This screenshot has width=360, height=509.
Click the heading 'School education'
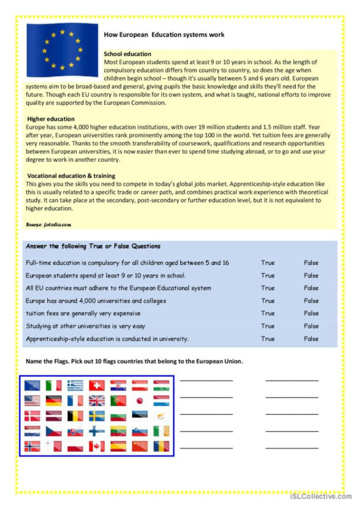click(x=128, y=54)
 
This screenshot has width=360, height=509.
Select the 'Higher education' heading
click(x=51, y=119)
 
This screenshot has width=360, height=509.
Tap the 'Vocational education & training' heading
click(x=71, y=175)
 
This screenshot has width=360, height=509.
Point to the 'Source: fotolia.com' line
click(x=48, y=224)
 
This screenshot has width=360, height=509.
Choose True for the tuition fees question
click(x=268, y=313)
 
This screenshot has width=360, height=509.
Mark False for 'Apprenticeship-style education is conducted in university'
click(x=311, y=339)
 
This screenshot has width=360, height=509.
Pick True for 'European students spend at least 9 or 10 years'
click(x=268, y=276)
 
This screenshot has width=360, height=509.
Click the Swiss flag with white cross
click(x=96, y=385)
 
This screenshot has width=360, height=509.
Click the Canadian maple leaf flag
click(x=96, y=446)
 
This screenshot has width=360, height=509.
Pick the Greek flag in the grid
click(x=75, y=385)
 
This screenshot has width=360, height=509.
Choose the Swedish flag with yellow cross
click(x=96, y=416)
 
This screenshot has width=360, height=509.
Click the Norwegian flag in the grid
click(x=32, y=446)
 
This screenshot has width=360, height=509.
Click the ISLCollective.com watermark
click(x=321, y=497)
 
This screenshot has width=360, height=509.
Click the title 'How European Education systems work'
click(x=164, y=35)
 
